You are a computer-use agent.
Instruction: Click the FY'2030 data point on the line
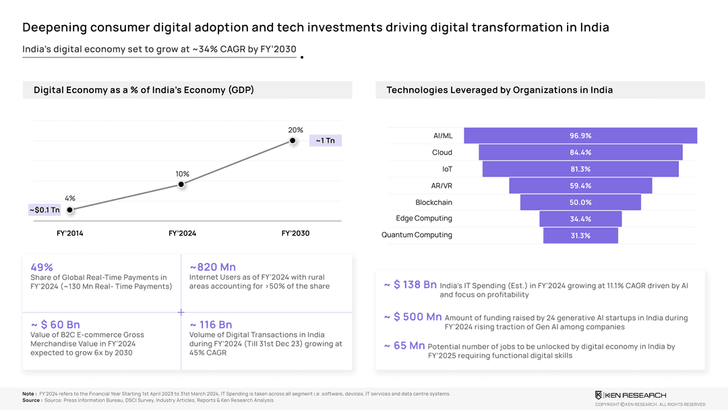point(293,140)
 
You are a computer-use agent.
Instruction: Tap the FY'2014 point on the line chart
point(70,210)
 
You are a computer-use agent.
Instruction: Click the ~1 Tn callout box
point(326,140)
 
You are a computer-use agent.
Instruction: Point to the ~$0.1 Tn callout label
point(44,210)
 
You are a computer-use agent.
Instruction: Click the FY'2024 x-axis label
point(182,233)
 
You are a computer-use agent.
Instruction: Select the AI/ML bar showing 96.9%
point(580,136)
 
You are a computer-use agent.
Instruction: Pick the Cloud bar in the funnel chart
point(580,152)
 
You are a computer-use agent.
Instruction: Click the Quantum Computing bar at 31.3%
point(580,235)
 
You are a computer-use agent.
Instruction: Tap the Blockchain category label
point(433,202)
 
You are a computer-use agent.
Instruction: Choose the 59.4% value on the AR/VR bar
point(580,185)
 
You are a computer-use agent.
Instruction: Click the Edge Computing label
point(424,218)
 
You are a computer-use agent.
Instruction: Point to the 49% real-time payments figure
point(42,267)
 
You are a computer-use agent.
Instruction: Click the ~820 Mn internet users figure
point(212,267)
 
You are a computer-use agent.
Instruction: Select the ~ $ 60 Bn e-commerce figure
point(55,325)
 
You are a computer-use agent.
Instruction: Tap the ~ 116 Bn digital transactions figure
point(211,325)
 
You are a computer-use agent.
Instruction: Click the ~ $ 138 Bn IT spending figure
point(411,285)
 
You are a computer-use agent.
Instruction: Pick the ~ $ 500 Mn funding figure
point(413,317)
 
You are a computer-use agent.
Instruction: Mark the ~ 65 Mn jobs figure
point(404,346)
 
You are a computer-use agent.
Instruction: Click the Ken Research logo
point(630,394)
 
